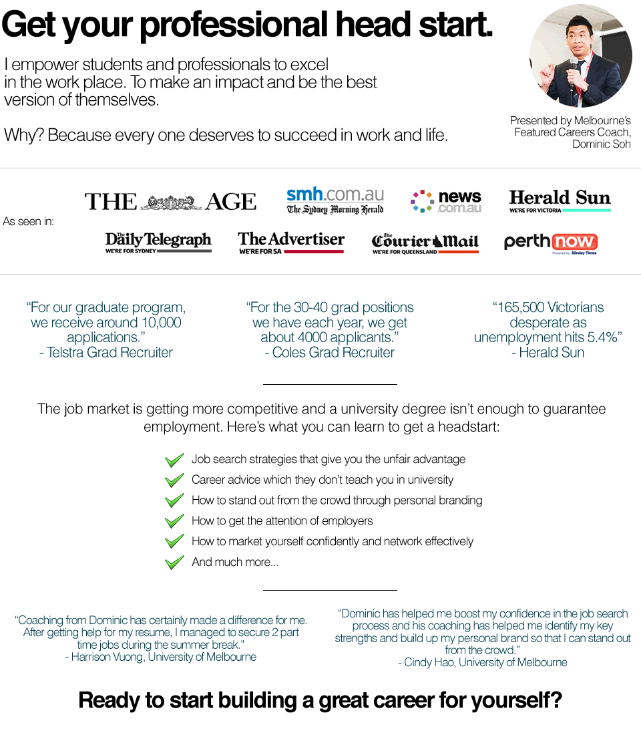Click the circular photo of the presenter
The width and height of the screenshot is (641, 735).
pos(580,56)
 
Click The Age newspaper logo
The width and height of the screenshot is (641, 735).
pos(170,201)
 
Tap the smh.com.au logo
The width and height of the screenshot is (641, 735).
pos(335,200)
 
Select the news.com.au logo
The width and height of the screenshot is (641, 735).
pos(446,200)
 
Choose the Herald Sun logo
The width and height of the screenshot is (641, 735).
pos(560,200)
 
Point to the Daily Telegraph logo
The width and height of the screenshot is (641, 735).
pos(158,242)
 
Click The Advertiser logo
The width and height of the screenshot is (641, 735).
pos(291,242)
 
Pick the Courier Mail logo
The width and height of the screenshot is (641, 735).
pos(425,243)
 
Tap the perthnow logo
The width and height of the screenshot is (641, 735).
pos(550,243)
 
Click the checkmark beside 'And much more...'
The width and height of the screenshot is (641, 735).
pos(174,562)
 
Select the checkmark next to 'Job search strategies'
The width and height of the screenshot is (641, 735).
pos(174,460)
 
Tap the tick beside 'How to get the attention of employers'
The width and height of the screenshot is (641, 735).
pos(174,521)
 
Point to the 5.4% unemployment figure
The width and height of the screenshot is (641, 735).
pos(599,337)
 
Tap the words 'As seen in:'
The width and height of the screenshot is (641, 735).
pos(28,221)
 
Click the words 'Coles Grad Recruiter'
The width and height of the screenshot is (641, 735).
pos(333,352)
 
